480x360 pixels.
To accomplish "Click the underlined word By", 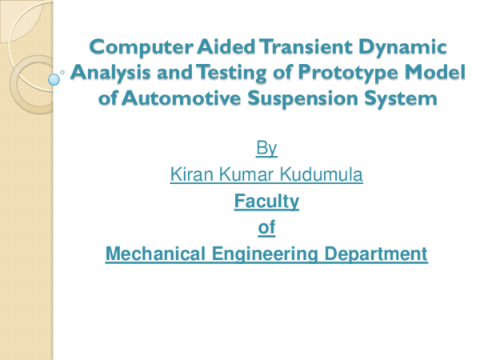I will coord(266,148).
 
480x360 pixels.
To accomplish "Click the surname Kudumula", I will coord(324,174).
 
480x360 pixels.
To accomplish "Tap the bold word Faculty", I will coord(266,202).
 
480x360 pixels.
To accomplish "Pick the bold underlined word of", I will coord(266,228).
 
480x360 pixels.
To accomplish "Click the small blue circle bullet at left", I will coord(54,79).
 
